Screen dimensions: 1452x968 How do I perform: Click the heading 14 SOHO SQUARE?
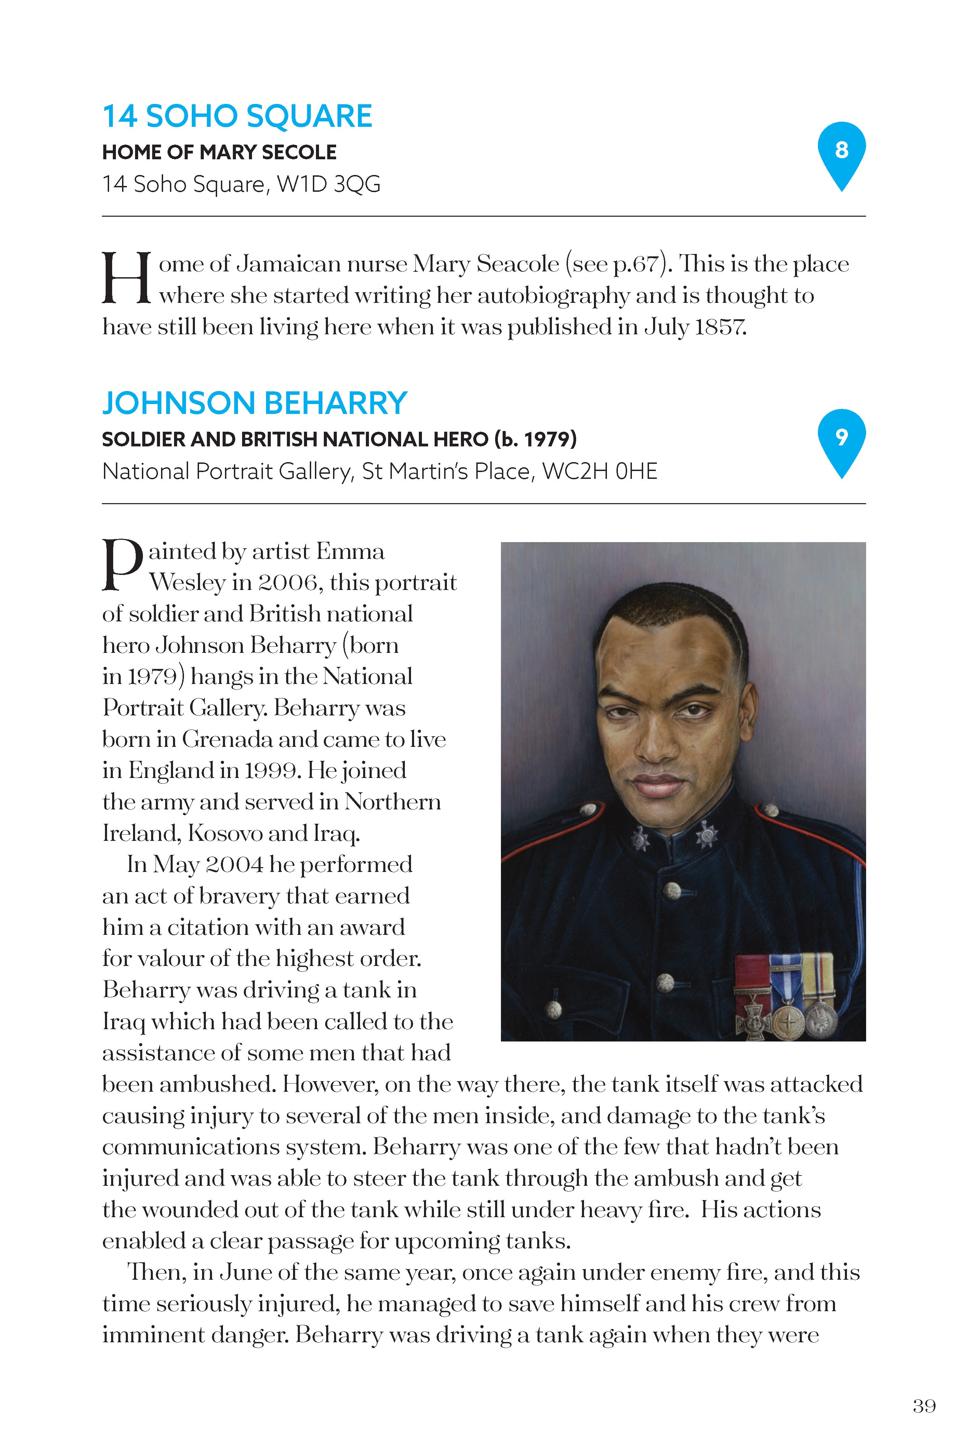pyautogui.click(x=237, y=116)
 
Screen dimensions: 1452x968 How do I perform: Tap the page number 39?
pyautogui.click(x=924, y=1406)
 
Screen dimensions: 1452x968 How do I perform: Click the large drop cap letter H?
pyautogui.click(x=126, y=278)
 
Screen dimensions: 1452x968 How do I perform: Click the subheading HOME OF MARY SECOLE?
pyautogui.click(x=219, y=152)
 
